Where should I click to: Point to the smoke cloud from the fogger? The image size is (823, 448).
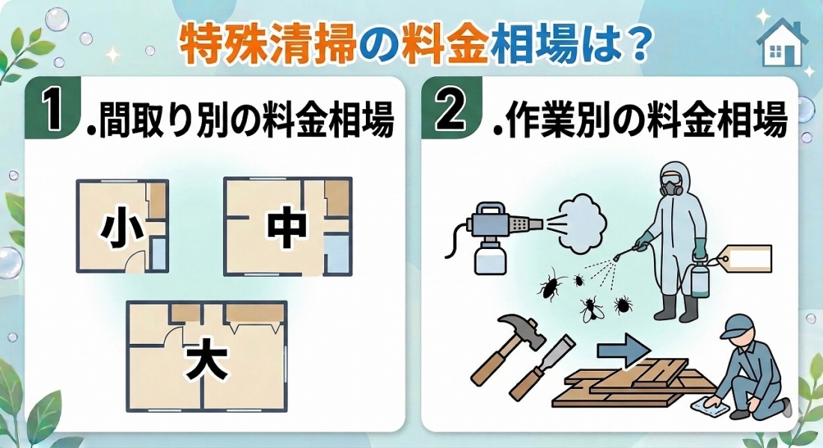580,221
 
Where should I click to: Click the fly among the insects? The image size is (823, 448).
593,308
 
